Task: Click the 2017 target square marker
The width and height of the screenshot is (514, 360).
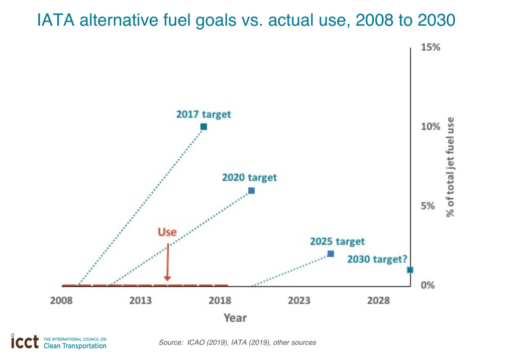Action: click(203, 127)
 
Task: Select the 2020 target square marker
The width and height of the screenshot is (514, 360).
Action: click(251, 191)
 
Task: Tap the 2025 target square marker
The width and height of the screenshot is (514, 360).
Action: click(331, 254)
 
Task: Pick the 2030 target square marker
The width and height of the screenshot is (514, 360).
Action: click(410, 270)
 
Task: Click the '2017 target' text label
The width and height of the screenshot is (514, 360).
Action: click(203, 114)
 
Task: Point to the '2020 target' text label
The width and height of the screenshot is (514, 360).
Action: click(249, 177)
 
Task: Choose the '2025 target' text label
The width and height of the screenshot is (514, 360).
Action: click(337, 242)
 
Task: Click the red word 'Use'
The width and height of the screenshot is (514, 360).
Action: click(167, 232)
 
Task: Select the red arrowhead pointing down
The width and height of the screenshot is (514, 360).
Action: click(167, 278)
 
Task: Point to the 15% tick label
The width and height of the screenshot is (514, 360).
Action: click(431, 48)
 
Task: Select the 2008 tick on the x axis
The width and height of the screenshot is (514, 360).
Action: click(61, 301)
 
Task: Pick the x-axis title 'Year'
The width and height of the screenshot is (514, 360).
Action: click(235, 318)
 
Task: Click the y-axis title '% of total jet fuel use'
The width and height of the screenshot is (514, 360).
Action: click(450, 166)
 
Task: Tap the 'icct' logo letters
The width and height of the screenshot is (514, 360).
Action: click(25, 342)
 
